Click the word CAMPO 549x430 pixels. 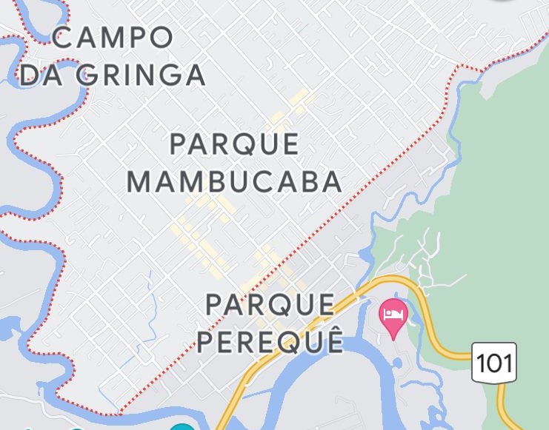[113, 38]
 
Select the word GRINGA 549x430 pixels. [141, 75]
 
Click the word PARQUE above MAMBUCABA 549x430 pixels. [234, 144]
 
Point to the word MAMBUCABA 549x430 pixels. [234, 181]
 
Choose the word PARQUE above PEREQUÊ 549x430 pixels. [270, 303]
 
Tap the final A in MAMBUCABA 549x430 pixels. [332, 181]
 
